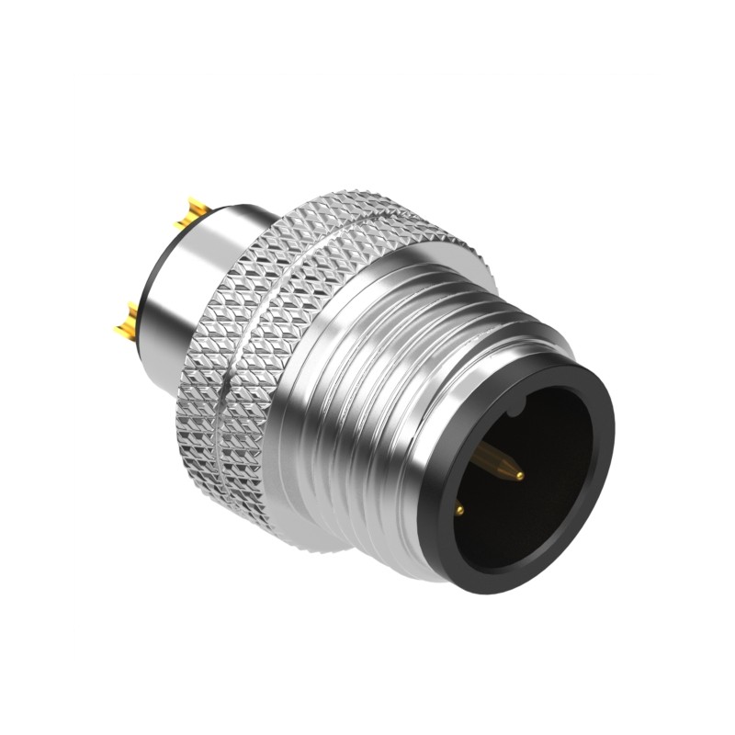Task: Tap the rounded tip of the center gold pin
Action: (520, 476)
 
